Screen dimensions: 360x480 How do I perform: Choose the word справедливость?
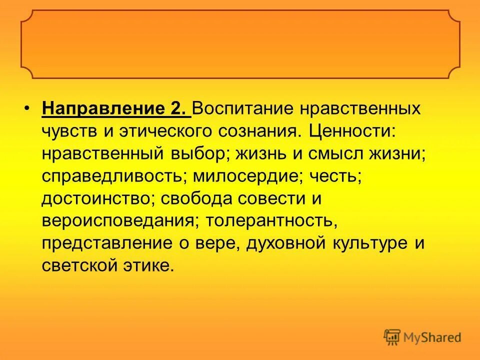click(110, 176)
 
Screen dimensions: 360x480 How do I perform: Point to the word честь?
click(332, 176)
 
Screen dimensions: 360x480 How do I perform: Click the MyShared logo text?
click(432, 337)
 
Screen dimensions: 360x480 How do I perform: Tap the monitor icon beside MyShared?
click(392, 337)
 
